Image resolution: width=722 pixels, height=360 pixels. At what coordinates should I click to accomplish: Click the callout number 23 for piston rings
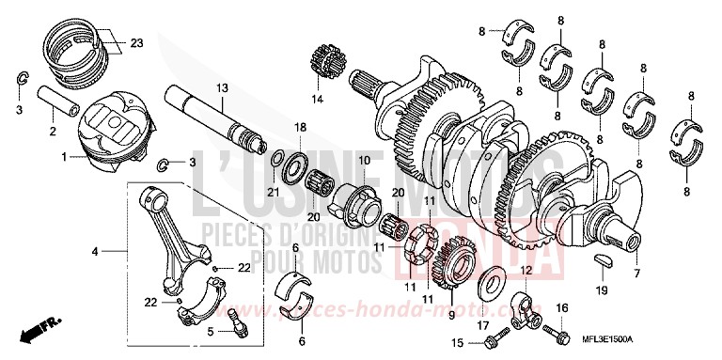click(x=136, y=42)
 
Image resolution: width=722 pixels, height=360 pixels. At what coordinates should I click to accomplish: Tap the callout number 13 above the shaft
click(x=222, y=87)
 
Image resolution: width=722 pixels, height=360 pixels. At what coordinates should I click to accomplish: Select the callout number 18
click(x=300, y=127)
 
